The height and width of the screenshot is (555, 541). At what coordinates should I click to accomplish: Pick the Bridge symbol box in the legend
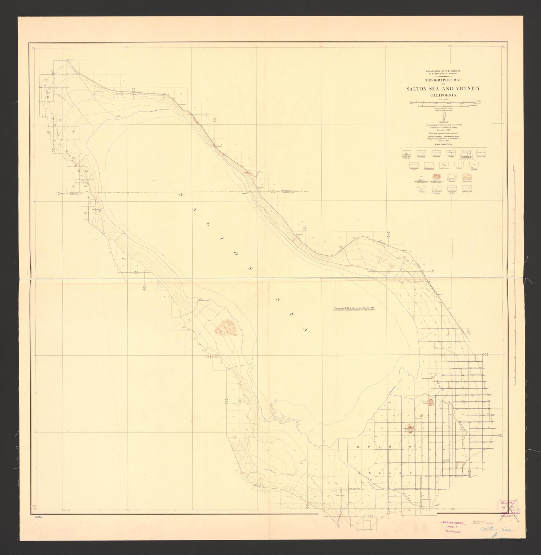[x=451, y=154]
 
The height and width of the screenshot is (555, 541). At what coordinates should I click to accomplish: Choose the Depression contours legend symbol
[x=451, y=177]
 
